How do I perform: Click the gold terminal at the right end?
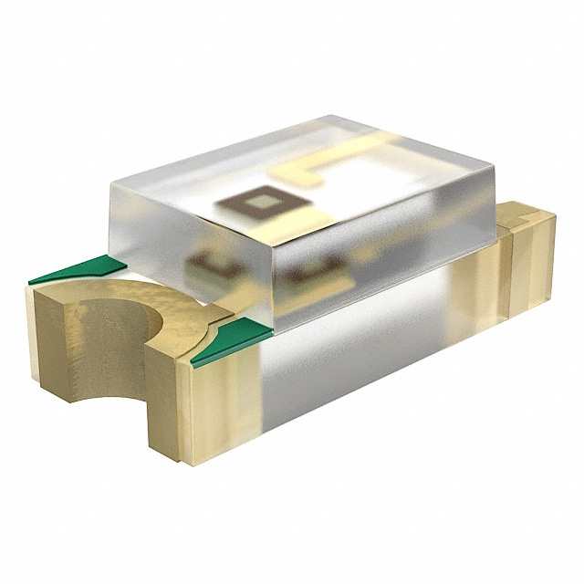(x=527, y=260)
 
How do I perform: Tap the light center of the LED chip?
(x=260, y=202)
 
